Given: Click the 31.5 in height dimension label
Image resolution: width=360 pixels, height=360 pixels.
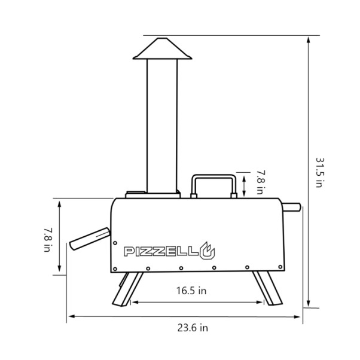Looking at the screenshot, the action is pos(319,172).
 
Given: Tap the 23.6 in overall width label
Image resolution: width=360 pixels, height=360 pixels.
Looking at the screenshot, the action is pos(193,328).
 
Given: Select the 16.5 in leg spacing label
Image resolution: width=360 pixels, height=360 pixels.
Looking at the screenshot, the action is pos(191,291).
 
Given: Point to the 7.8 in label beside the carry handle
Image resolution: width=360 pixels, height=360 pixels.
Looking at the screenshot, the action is pos(261,182).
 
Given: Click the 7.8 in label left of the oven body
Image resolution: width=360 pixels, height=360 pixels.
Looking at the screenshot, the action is pos(48,240).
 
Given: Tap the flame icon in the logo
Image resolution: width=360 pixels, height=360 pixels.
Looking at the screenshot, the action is pos(207,251).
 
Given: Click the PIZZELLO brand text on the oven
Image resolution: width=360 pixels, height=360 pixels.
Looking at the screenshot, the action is pos(169,251).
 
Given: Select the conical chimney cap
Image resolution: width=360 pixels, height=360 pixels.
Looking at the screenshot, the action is pos(162,48).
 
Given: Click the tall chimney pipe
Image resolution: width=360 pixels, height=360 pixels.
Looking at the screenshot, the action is pos(162,126).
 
